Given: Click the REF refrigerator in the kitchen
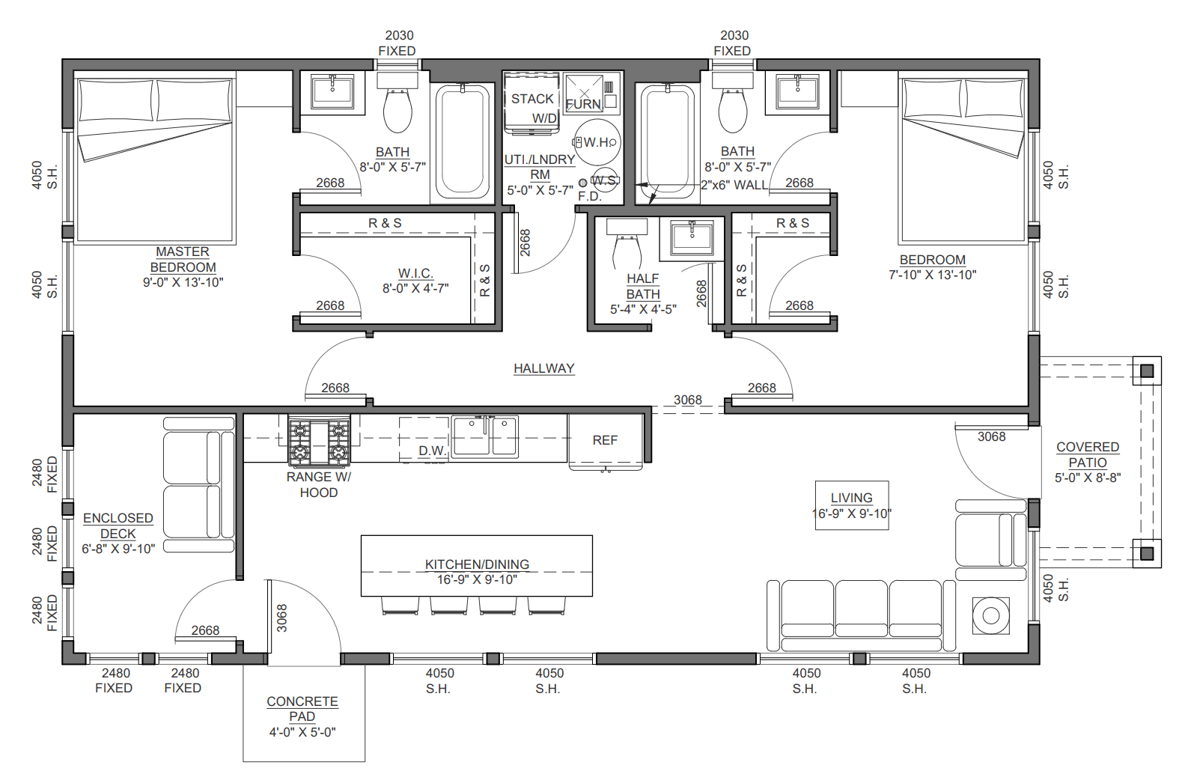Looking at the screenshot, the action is [606, 441].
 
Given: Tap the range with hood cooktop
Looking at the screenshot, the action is [319, 441].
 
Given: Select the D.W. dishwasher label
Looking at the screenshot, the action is [433, 451].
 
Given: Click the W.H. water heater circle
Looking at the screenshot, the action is [597, 142].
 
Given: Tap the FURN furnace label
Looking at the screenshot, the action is [584, 105].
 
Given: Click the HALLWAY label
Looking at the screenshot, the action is [544, 368].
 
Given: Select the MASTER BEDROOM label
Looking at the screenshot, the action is [183, 259].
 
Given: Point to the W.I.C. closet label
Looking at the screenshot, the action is [415, 273].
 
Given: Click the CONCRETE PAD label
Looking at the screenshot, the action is [302, 708].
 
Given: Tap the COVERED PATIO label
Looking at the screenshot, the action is [1088, 454].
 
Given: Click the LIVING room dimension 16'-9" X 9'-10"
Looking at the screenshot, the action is [852, 514].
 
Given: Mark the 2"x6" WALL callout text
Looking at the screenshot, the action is [734, 185].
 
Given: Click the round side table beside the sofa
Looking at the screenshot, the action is [991, 615].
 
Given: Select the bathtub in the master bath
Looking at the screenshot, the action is [463, 142].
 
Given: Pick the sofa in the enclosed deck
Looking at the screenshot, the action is [199, 484].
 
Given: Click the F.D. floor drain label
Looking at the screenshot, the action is [589, 197].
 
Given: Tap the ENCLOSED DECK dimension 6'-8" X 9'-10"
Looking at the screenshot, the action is [118, 549].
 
